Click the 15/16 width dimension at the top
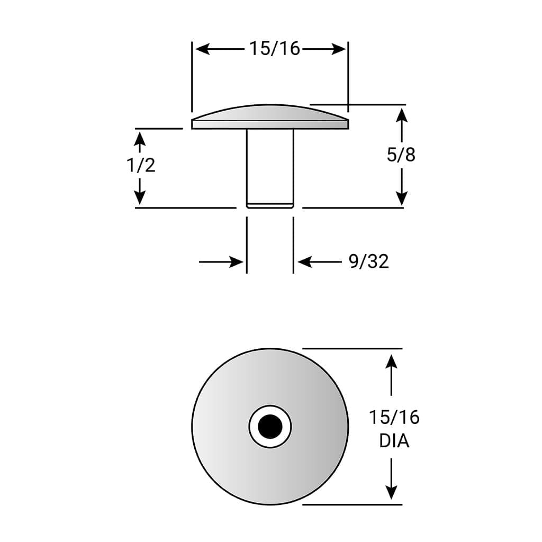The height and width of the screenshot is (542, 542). [275, 49]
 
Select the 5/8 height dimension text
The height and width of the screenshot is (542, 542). [401, 155]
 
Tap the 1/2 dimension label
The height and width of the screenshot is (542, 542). [141, 165]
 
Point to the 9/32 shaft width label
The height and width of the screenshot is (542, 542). [368, 261]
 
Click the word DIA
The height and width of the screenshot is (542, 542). [394, 441]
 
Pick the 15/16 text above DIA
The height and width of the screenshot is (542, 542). [394, 417]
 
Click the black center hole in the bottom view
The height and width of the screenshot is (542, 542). [270, 426]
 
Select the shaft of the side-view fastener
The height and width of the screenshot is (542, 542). [270, 168]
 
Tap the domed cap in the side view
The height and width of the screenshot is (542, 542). [270, 116]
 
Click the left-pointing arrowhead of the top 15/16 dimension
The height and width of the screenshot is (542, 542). [203, 49]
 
